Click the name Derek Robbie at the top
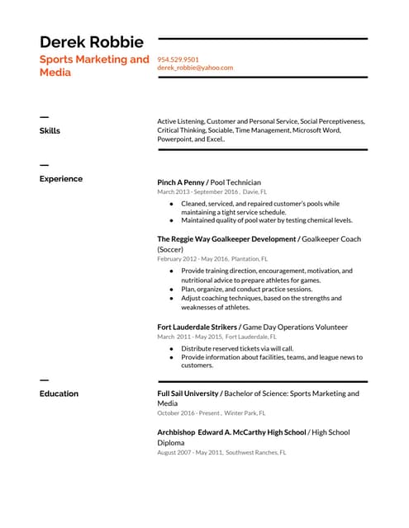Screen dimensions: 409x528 coord(92,41)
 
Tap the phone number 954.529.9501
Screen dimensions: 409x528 coord(178,59)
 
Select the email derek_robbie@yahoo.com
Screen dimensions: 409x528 coord(195,68)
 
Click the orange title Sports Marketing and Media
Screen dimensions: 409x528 coord(94,65)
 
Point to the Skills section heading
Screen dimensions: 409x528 coord(50,130)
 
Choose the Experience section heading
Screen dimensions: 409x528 coord(61,178)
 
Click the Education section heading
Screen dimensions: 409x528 coord(59,394)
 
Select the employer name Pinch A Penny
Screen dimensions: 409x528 coord(180,182)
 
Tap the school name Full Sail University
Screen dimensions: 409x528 coord(188,394)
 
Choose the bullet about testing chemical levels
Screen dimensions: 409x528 coord(267,220)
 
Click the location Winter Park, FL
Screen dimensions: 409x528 coord(245,412)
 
